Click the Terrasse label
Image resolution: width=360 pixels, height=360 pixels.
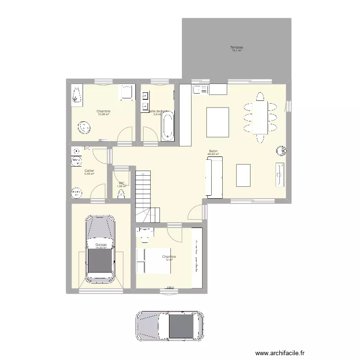tap(236, 47)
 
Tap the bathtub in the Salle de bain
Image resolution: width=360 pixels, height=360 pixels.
tap(168, 126)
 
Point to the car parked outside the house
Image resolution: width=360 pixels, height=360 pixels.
tap(169, 327)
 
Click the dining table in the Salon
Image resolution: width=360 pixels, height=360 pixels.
tap(261, 118)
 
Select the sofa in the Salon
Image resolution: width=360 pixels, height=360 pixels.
tap(214, 178)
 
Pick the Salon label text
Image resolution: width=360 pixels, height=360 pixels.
tap(213, 151)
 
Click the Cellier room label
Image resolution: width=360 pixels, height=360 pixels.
tap(89, 170)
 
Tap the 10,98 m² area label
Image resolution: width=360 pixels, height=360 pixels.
tap(103, 114)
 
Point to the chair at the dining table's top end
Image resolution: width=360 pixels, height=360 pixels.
tap(260, 96)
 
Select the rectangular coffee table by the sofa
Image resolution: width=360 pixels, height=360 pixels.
tap(243, 175)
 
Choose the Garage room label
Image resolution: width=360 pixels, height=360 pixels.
tap(101, 245)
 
